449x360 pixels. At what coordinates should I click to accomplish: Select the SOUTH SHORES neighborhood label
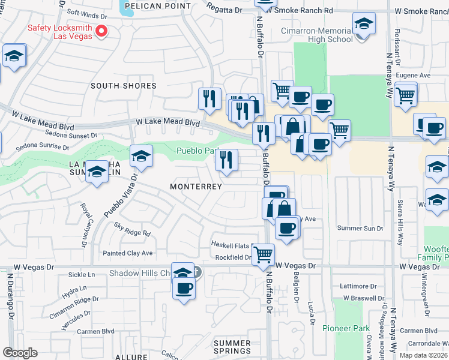coord(123,86)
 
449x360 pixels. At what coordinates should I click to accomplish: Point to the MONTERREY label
coord(196,187)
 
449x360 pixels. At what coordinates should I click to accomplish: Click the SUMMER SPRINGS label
coord(232,347)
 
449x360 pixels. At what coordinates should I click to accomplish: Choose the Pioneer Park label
coord(346,328)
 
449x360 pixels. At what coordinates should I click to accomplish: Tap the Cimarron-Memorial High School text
coord(316,35)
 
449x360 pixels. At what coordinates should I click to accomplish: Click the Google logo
coord(20,353)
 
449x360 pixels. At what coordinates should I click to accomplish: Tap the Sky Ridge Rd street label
coord(131,229)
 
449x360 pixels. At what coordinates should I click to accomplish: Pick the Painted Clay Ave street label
coord(127,253)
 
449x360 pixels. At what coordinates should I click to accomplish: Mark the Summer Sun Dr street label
coord(360,228)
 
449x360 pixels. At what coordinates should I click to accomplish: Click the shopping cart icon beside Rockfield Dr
coord(263,254)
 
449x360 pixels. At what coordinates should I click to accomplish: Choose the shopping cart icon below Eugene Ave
coord(406,94)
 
